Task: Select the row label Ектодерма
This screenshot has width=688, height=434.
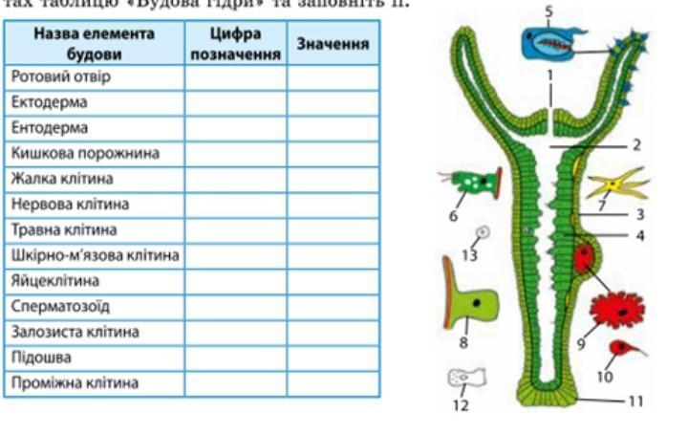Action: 50,101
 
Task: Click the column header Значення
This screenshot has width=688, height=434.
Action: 333,45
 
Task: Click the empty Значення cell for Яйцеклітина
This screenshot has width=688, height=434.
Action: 333,281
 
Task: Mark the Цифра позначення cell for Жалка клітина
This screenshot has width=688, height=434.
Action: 236,179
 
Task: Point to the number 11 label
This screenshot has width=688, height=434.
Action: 634,402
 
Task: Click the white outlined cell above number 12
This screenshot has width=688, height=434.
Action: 466,379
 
